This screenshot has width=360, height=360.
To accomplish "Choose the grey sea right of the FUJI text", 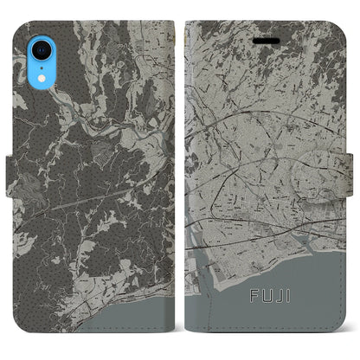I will [x=320, y=303].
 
